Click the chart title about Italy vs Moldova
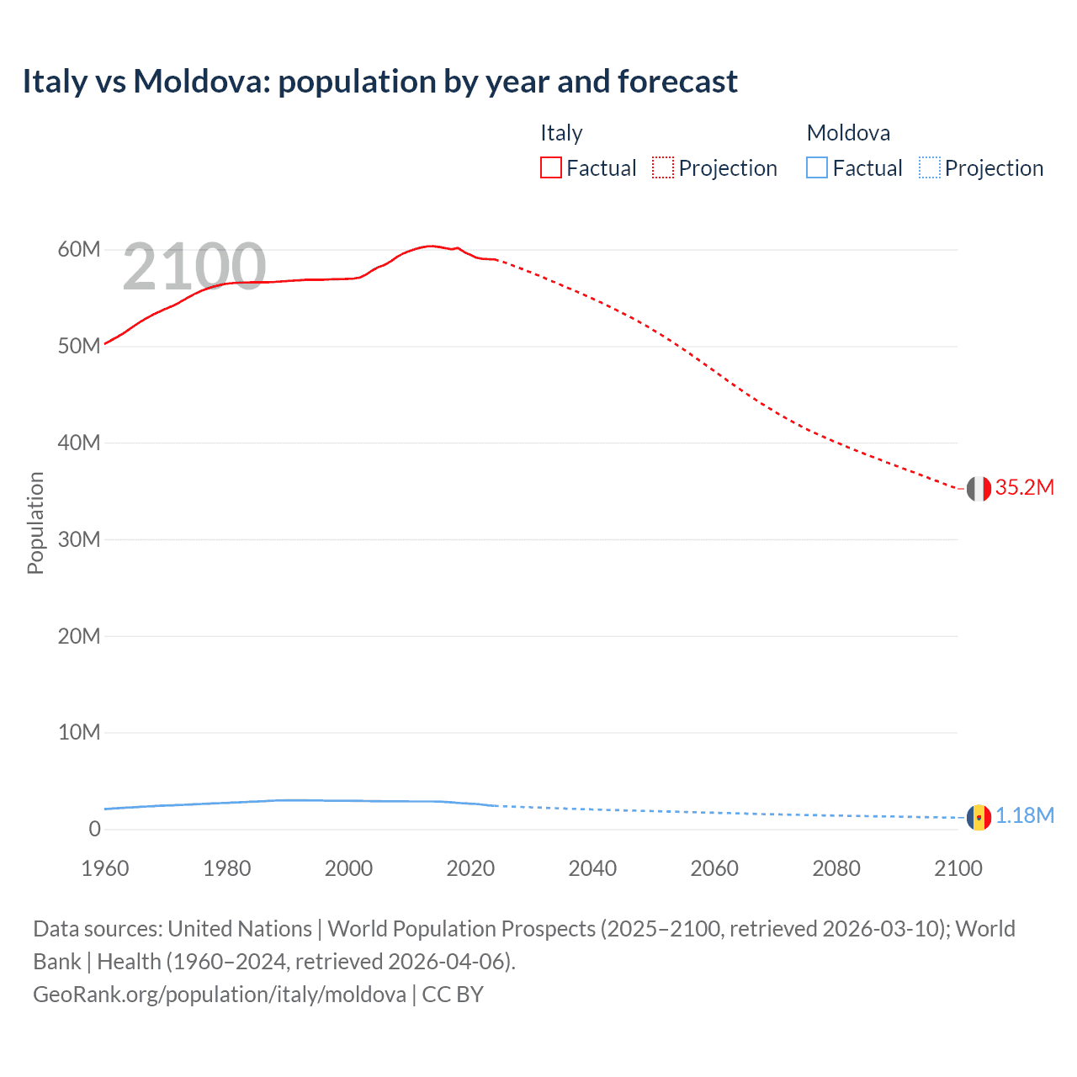tap(379, 82)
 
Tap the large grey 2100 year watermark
tap(194, 267)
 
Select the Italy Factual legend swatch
tap(550, 168)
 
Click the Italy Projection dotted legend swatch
tap(663, 168)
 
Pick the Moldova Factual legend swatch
tap(816, 168)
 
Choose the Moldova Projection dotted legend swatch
tap(929, 168)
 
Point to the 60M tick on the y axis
tap(79, 250)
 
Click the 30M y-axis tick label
tap(79, 539)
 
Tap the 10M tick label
tap(79, 733)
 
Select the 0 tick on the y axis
tap(94, 830)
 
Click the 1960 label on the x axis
tap(105, 868)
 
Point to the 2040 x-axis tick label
tap(592, 868)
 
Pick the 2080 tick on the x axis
tap(836, 868)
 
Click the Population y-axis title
tap(35, 523)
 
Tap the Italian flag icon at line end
tap(979, 489)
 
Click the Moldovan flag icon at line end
tap(979, 817)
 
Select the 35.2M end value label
tap(1025, 488)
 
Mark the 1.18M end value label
tap(1025, 816)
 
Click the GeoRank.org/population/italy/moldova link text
tap(220, 995)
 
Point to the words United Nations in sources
tap(240, 929)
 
